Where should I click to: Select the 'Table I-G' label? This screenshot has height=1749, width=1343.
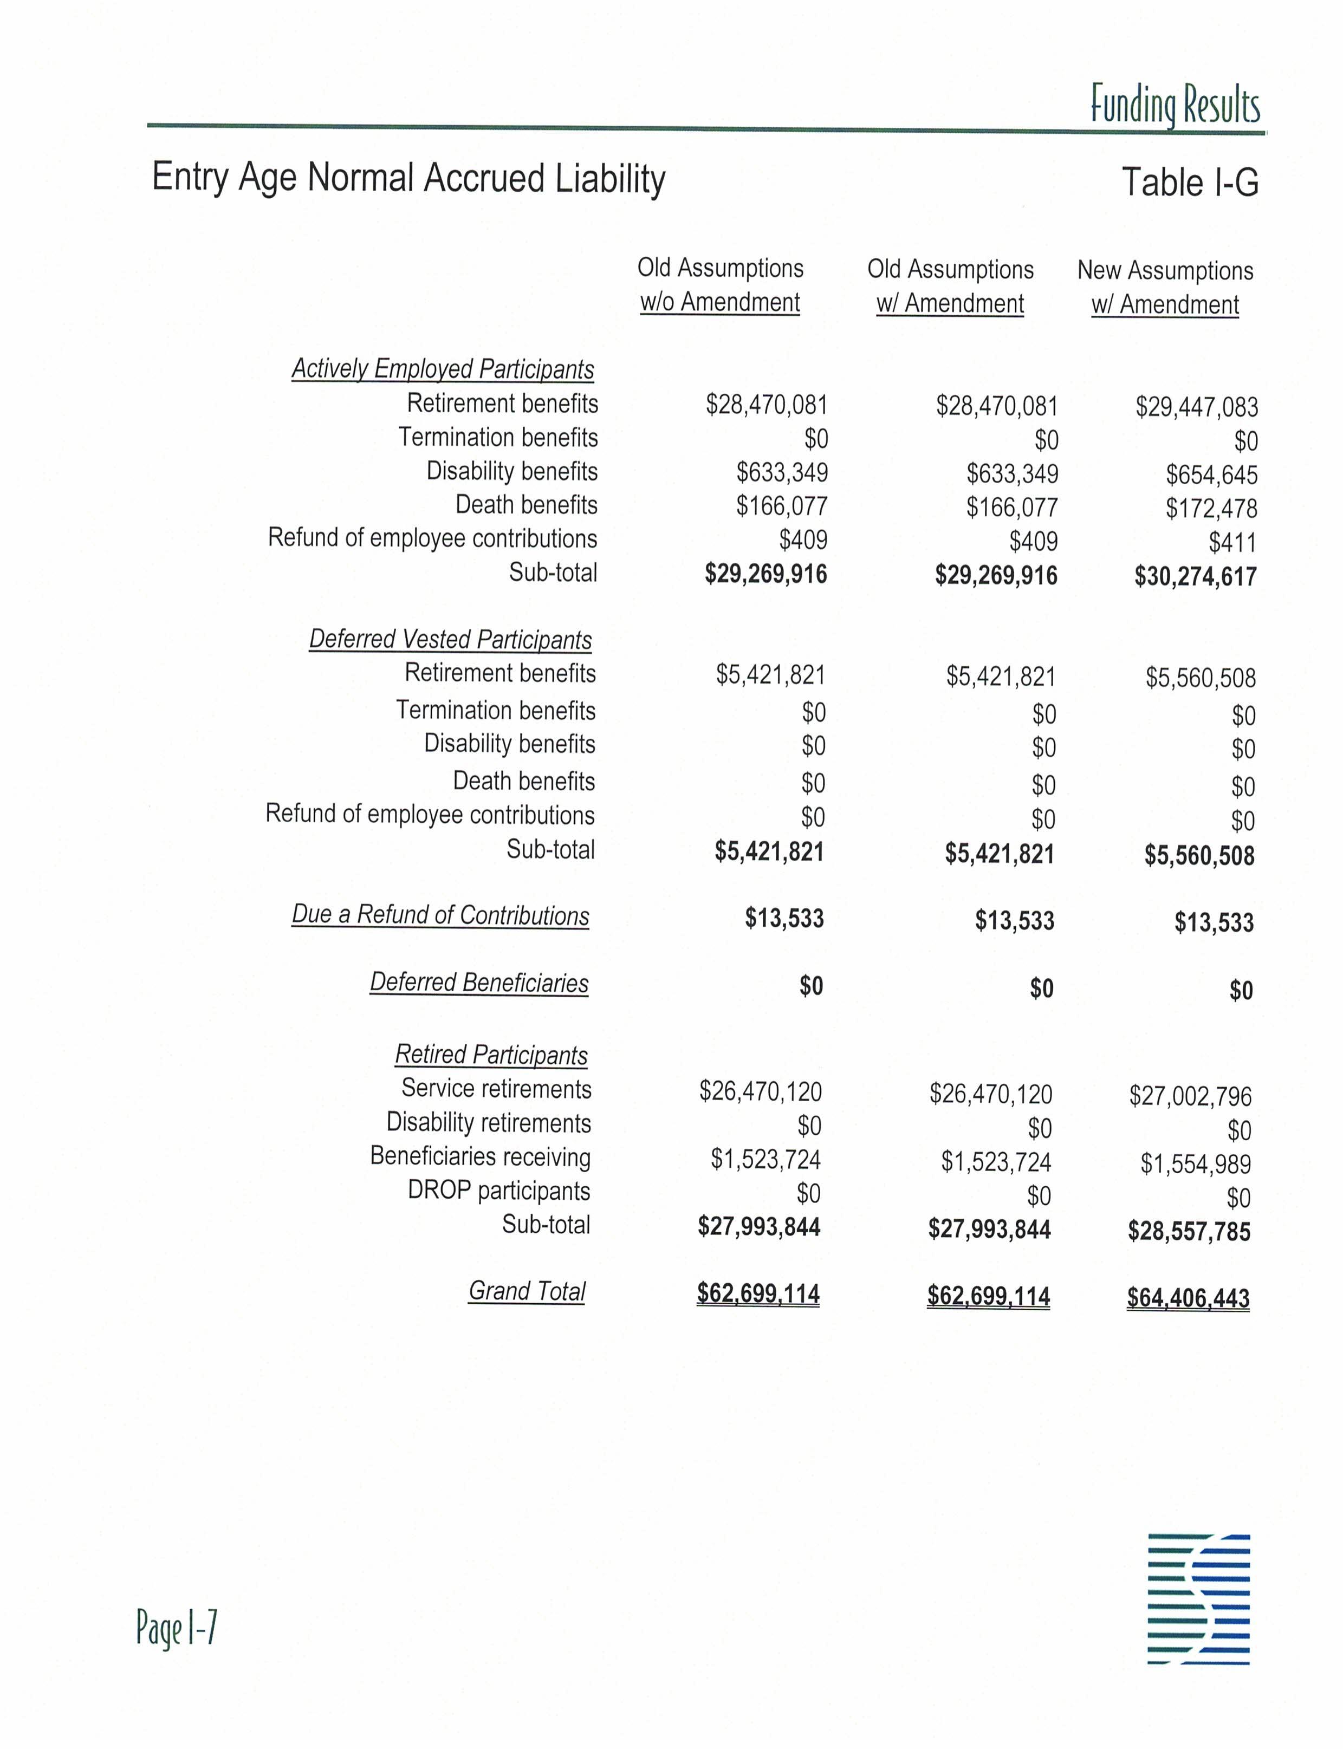1190,182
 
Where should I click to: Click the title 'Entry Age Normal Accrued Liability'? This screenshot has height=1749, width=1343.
408,178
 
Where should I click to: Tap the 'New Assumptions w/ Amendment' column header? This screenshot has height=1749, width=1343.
1165,288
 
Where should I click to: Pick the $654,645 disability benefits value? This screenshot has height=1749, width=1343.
1211,476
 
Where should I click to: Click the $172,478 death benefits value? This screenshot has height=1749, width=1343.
1211,509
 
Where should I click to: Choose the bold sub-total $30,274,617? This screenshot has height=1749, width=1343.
1195,576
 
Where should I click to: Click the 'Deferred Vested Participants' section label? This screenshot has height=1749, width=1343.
450,640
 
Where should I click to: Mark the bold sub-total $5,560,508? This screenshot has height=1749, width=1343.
1199,856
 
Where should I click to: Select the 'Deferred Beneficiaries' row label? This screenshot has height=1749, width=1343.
479,983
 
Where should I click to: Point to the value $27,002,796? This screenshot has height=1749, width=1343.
1190,1096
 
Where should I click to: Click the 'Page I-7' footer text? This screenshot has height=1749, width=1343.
177,1628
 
